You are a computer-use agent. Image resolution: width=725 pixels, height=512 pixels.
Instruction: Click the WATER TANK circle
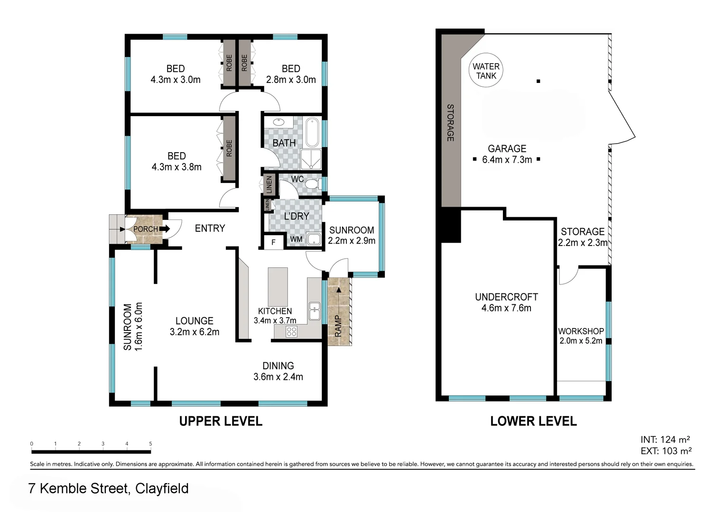click(486, 70)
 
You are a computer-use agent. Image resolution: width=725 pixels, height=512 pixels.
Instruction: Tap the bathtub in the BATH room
click(313, 132)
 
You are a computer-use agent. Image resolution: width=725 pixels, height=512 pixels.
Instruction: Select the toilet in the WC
click(312, 184)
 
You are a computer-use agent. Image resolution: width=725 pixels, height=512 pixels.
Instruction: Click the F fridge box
click(273, 242)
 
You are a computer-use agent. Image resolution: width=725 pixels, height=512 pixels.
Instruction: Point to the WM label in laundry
click(296, 239)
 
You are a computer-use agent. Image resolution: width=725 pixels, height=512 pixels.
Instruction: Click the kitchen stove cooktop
click(291, 331)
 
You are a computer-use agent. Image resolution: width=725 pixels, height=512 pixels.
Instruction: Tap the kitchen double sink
click(314, 311)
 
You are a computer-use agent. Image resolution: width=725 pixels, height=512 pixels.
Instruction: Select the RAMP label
click(338, 326)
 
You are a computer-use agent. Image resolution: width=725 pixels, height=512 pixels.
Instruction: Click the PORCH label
click(145, 229)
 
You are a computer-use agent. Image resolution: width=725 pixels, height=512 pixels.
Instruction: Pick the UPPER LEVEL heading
click(221, 421)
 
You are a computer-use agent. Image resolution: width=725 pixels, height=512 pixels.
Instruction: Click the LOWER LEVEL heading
click(533, 421)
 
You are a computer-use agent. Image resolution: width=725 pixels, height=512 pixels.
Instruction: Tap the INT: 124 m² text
click(665, 439)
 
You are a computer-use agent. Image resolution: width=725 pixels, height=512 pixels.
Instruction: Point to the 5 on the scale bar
click(150, 444)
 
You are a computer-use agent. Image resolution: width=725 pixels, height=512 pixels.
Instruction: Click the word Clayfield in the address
click(162, 488)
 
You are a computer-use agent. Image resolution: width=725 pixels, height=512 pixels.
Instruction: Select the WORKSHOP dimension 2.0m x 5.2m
click(581, 340)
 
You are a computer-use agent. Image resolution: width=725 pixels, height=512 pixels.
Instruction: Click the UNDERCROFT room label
click(506, 297)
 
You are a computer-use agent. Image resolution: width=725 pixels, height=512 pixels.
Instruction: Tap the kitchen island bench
click(278, 287)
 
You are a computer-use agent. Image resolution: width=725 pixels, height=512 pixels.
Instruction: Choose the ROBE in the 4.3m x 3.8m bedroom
click(229, 148)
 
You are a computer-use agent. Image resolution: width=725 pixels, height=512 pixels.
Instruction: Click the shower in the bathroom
click(311, 159)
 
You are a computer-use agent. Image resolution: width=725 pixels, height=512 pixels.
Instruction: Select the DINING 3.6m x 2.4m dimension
click(278, 377)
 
